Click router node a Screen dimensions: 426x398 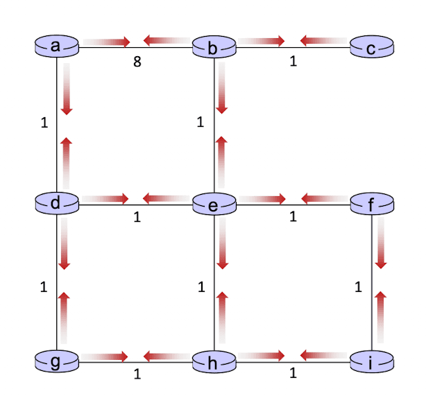point(57,46)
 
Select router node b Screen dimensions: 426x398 point(214,46)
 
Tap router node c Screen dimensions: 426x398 point(372,46)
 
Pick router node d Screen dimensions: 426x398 point(57,203)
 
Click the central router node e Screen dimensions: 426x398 point(214,204)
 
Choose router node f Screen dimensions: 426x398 point(372,204)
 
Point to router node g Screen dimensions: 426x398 point(57,361)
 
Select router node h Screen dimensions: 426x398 point(214,361)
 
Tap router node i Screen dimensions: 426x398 point(372,361)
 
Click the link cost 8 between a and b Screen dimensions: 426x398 point(137,62)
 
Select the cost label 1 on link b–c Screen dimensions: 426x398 point(293,61)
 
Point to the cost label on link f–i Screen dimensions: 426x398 point(358,287)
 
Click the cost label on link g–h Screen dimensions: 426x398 point(137,374)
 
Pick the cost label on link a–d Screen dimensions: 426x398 point(44,123)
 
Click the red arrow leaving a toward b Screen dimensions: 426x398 point(107,42)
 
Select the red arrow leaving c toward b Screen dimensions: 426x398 point(323,41)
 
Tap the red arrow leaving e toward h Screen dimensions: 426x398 point(223,243)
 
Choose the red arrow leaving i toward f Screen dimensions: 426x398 point(380,317)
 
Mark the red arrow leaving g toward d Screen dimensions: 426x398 point(64,318)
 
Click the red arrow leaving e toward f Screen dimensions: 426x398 point(262,199)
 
